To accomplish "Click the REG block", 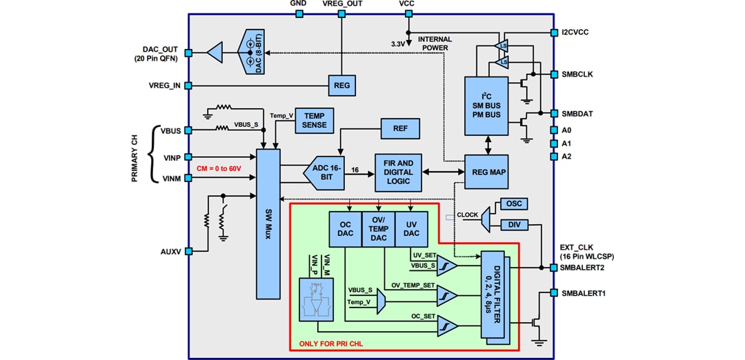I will tap(341, 86).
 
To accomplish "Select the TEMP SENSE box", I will tap(315, 121).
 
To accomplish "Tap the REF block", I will tap(400, 128).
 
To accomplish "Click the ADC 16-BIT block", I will tap(326, 172).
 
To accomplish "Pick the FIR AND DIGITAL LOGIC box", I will tap(398, 172).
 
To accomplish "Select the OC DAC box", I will tap(346, 229).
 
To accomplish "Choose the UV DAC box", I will tap(411, 229).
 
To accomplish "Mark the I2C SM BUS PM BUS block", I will tap(487, 103).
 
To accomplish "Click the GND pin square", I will tap(299, 14).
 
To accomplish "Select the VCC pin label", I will tap(407, 4).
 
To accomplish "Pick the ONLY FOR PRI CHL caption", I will tap(330, 343).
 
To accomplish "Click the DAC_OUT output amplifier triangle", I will tap(215, 52).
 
